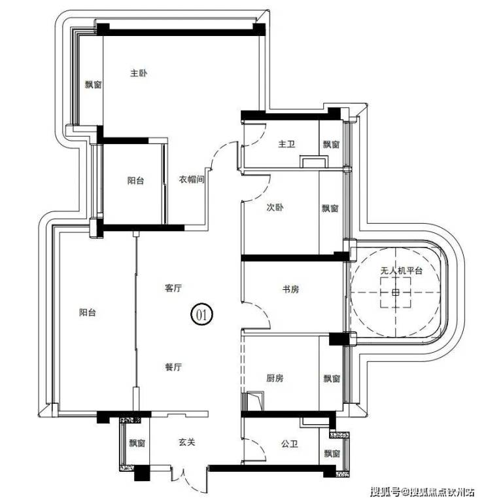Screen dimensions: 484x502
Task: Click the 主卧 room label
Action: point(139,73)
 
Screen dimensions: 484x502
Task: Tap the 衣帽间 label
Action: point(191,179)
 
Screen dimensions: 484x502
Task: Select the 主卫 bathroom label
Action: point(286,144)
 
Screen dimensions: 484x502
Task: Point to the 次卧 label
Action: point(275,207)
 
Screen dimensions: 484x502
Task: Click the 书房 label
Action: point(290,289)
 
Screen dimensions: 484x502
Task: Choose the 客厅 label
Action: point(173,288)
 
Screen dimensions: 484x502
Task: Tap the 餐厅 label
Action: point(173,367)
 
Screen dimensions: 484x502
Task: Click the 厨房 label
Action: point(275,378)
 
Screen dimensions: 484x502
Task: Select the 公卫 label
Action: point(290,444)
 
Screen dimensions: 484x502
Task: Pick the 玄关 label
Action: point(186,442)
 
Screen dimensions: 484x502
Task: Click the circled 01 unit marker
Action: point(201,314)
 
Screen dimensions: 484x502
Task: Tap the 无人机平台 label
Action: point(401,271)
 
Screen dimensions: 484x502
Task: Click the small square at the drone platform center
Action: point(396,293)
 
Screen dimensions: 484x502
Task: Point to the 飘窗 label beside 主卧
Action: point(93,84)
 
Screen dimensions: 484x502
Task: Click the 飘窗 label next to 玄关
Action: point(137,443)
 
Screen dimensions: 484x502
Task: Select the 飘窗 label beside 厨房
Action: point(332,379)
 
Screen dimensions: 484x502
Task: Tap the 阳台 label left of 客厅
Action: point(88,312)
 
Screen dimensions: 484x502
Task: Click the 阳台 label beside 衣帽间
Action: point(135,181)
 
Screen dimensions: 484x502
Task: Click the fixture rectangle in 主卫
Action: point(314,162)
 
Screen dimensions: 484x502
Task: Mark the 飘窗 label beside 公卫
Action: point(332,454)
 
